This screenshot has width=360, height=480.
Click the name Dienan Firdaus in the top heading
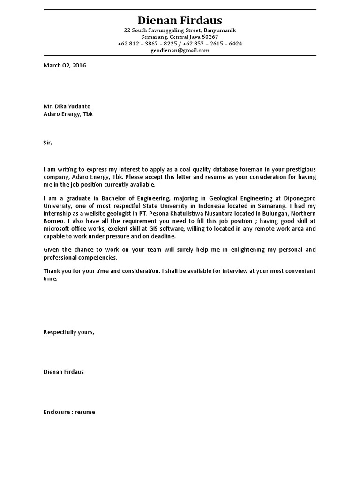(x=180, y=20)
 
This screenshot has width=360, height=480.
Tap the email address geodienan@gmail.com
(x=180, y=50)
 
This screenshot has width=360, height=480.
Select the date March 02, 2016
(x=65, y=66)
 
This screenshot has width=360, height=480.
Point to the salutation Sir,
(x=48, y=143)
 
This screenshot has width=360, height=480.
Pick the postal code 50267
(x=209, y=37)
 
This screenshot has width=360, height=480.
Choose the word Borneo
(x=54, y=221)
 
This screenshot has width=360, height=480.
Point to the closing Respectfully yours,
(x=69, y=332)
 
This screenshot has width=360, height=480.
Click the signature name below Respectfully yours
(x=64, y=372)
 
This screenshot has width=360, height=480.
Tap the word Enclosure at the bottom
(x=57, y=412)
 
